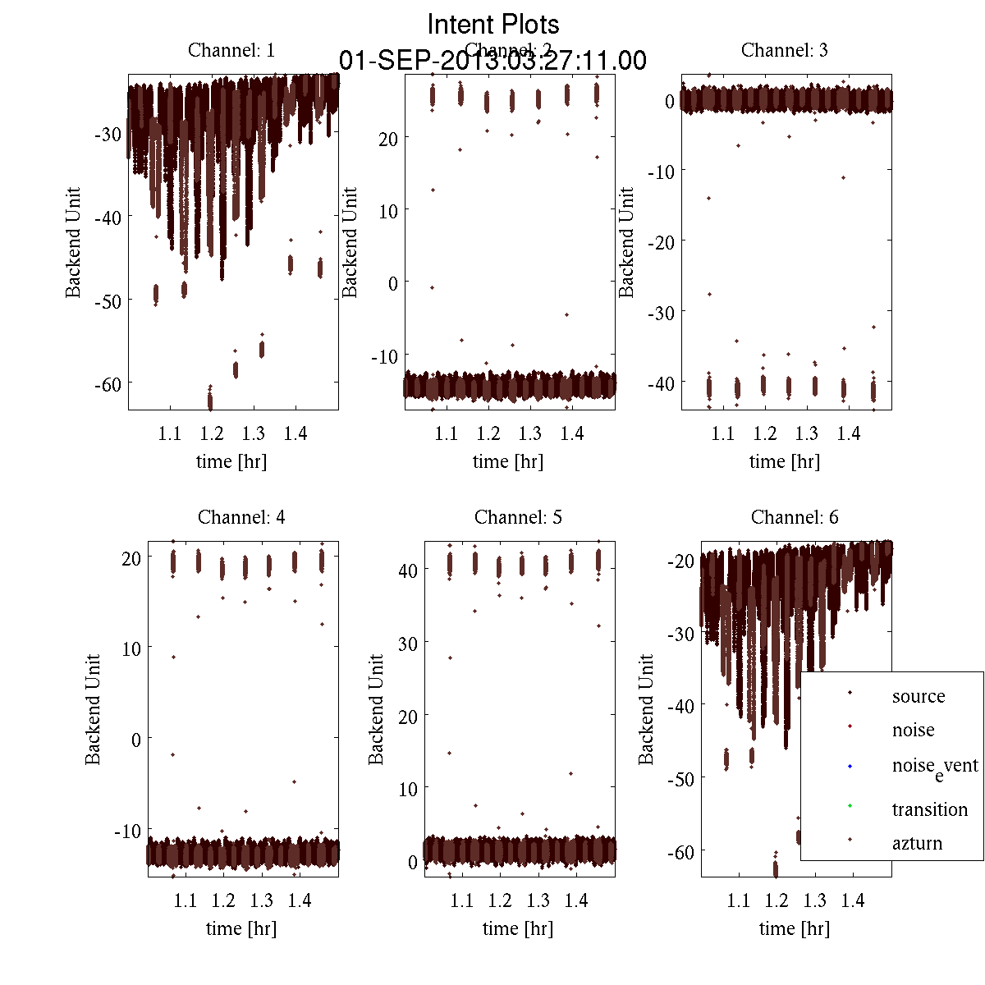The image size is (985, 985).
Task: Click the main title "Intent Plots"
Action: click(493, 24)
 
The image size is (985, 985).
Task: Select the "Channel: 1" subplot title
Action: click(231, 50)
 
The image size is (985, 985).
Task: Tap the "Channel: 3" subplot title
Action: click(784, 50)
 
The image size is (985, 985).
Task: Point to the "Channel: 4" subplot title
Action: click(241, 517)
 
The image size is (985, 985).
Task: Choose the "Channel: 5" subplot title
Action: click(518, 517)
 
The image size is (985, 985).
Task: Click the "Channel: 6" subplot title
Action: click(795, 517)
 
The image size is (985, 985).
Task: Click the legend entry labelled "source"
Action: click(919, 696)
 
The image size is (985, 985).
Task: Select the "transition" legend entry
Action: click(929, 809)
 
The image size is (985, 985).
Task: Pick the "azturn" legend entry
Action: click(917, 843)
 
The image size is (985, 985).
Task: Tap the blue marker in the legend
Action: click(850, 767)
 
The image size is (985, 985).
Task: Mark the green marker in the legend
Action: click(850, 805)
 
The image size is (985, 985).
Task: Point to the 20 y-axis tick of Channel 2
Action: click(387, 138)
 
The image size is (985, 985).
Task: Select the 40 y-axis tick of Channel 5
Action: click(408, 570)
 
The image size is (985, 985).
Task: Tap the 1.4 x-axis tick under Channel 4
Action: click(300, 900)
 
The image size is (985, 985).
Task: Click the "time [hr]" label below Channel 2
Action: click(508, 461)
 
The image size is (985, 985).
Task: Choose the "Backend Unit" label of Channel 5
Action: click(376, 709)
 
